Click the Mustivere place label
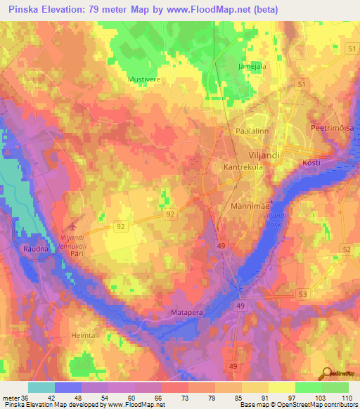(x=144, y=79)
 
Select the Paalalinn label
(x=254, y=131)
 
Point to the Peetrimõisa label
(x=332, y=129)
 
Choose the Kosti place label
(x=311, y=162)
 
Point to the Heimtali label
(x=87, y=336)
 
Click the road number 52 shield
(x=346, y=249)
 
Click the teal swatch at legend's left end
(x=41, y=387)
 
